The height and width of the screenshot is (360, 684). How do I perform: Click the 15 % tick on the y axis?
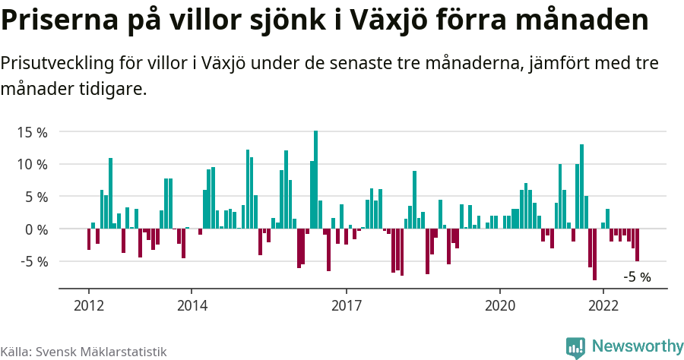coord(31,132)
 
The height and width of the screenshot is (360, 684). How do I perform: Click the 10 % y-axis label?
coord(31,164)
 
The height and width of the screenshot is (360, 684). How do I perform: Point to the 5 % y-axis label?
coord(35,197)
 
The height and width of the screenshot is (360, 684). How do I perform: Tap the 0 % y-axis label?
coord(35,229)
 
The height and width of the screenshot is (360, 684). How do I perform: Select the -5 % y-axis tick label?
coord(33,261)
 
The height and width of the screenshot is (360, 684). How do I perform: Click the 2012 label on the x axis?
coord(88,305)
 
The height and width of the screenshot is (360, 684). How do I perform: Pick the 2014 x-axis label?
coord(192,305)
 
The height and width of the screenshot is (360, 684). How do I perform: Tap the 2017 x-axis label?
coord(346,305)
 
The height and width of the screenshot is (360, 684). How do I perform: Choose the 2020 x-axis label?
coord(500,305)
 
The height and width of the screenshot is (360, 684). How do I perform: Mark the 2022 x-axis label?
coord(603,305)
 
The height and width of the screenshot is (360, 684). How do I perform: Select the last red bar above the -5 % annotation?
coord(637,245)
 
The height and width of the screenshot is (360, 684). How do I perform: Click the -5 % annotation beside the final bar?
coord(637,277)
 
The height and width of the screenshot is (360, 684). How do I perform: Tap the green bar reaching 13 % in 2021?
coord(581,186)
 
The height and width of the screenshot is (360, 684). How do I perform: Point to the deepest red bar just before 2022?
coord(594,254)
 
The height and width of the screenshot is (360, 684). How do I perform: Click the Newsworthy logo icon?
coord(575,348)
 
